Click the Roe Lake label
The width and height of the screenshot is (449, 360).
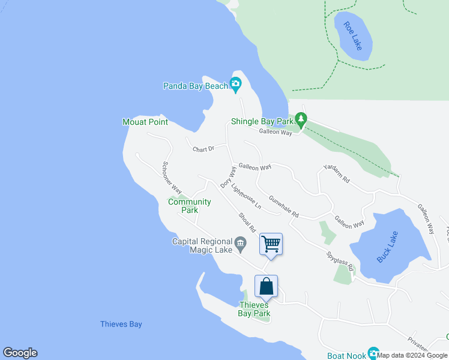point(353,36)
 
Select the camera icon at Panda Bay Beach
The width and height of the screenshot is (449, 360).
point(235,86)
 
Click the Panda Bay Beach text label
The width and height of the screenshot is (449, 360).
point(196,86)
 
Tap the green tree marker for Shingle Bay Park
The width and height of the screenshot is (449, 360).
point(301,121)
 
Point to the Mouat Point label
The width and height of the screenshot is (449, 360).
point(145,122)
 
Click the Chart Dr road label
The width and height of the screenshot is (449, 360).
point(203,149)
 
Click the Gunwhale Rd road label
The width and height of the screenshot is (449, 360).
point(284,206)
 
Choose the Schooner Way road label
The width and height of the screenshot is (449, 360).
point(172,177)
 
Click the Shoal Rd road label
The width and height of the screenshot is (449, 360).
point(247,222)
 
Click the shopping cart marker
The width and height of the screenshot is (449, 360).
point(271,244)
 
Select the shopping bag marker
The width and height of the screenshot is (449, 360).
point(266,286)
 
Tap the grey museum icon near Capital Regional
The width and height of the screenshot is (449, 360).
point(240,242)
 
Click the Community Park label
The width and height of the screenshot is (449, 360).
point(189,206)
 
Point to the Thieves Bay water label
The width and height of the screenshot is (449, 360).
point(121,324)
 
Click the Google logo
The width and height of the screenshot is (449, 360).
point(20,353)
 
